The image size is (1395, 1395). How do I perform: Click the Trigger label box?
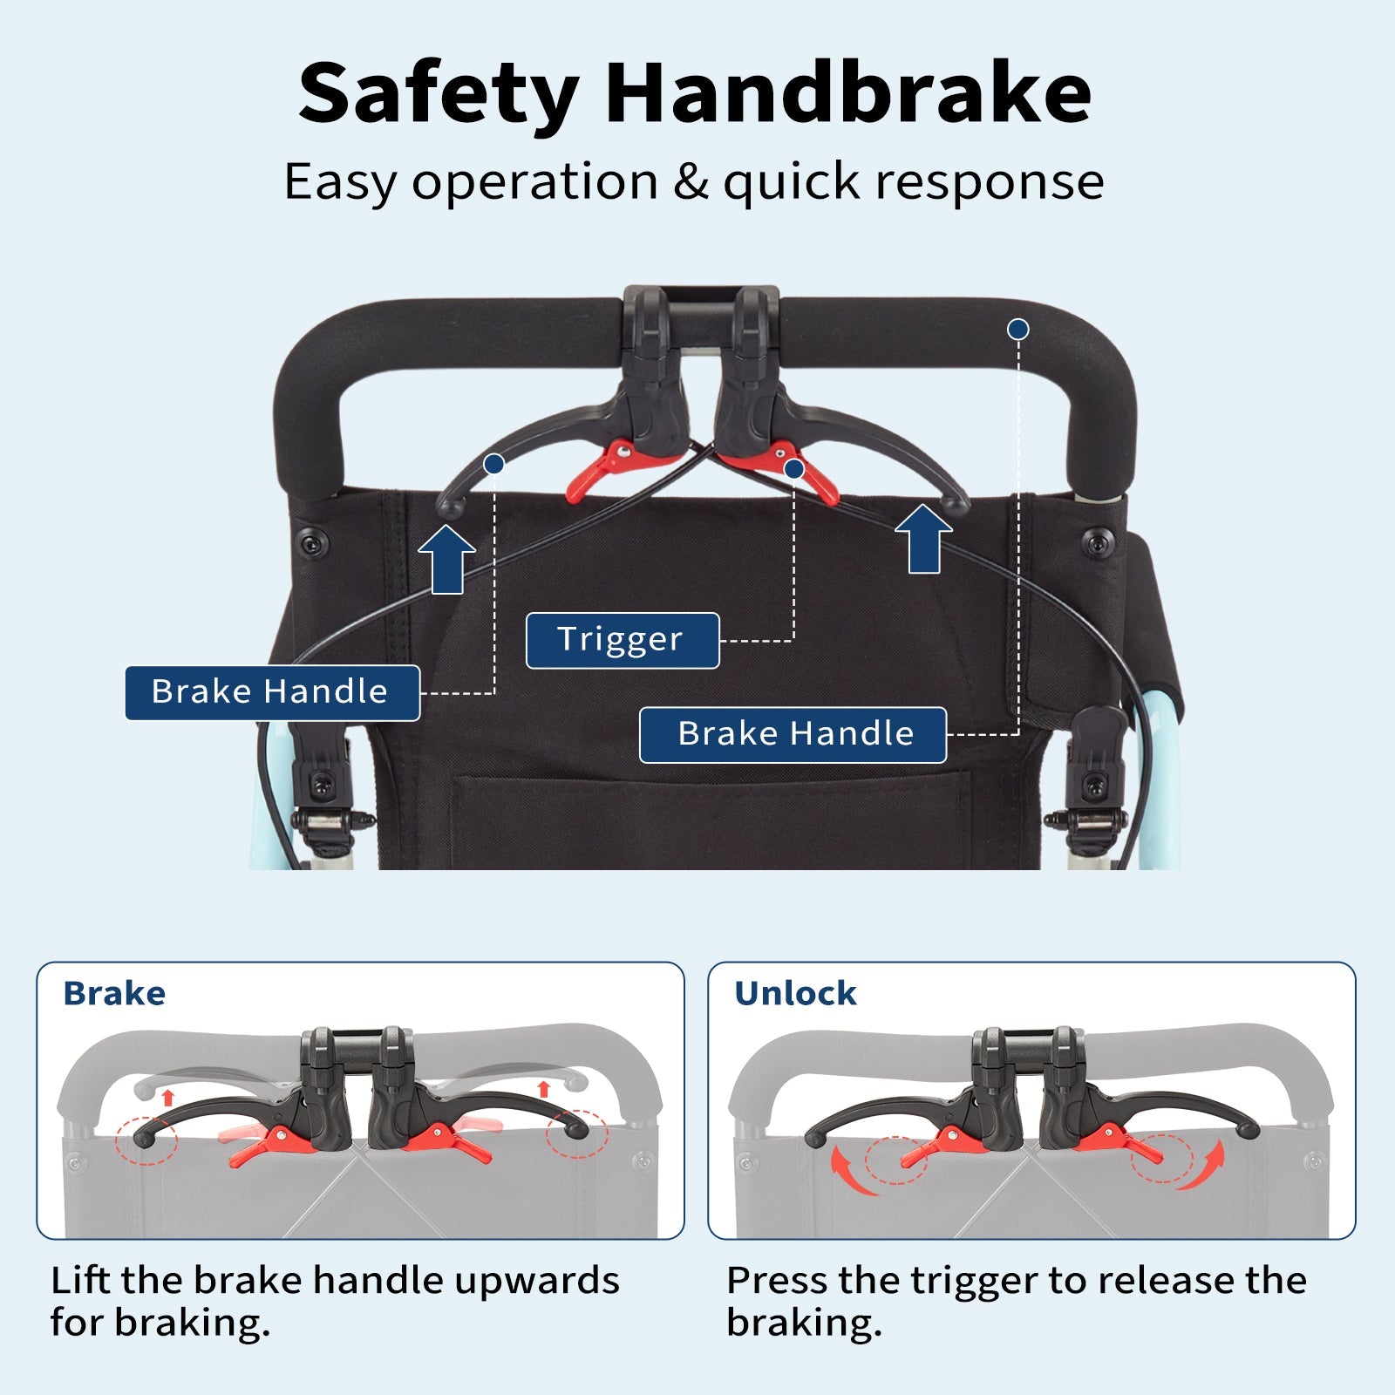pyautogui.click(x=623, y=641)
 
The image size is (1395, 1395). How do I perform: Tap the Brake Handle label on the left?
pyautogui.click(x=272, y=693)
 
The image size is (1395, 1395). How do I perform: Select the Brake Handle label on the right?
pyautogui.click(x=793, y=735)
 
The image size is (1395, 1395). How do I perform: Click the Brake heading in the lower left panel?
pyautogui.click(x=114, y=993)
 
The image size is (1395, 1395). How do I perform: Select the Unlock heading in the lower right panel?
pyautogui.click(x=795, y=993)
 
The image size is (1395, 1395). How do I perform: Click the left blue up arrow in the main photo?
pyautogui.click(x=446, y=559)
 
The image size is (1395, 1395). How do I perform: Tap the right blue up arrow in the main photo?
pyautogui.click(x=923, y=539)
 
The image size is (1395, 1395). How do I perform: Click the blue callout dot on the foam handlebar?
pyautogui.click(x=1017, y=330)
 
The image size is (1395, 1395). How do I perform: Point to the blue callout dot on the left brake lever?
pyautogui.click(x=493, y=464)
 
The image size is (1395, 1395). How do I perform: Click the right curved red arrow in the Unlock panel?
pyautogui.click(x=1205, y=1170)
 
